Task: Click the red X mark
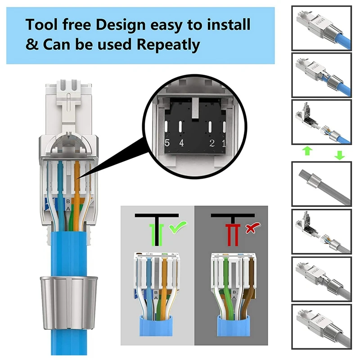click(x=248, y=229)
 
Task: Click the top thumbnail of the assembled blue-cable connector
click(x=321, y=28)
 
